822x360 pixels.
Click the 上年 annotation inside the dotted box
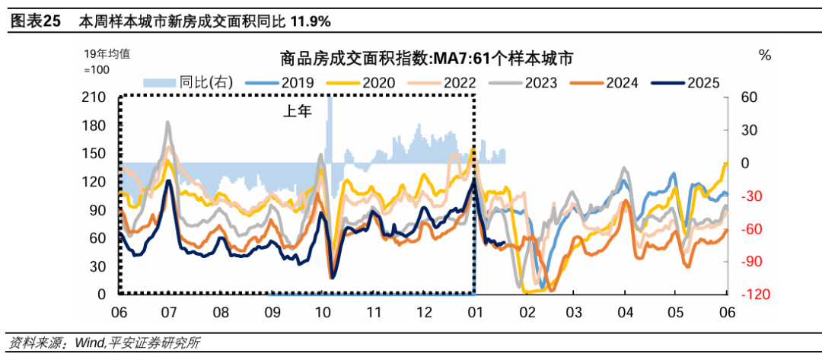(298, 112)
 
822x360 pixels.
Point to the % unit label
(765, 56)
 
